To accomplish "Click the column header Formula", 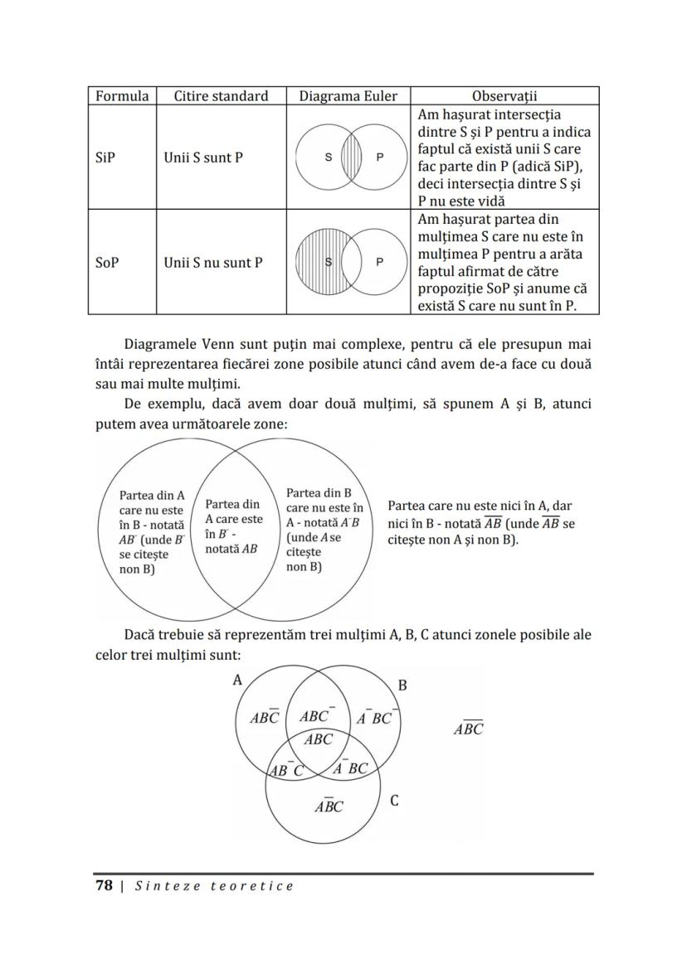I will click(122, 96).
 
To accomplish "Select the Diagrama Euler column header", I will click(348, 96).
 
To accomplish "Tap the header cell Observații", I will click(504, 96).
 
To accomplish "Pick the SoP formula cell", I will click(107, 262).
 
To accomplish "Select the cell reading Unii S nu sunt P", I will click(213, 262).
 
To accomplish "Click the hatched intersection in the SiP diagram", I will click(352, 157).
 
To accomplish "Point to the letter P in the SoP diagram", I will click(380, 262).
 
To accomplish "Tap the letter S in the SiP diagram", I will click(328, 157).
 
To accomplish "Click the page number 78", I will click(103, 885).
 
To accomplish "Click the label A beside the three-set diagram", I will click(237, 680).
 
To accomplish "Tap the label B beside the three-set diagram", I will click(402, 685).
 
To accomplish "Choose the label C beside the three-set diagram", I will click(394, 801).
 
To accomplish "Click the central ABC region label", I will click(318, 739).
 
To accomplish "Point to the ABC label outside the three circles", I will click(468, 729).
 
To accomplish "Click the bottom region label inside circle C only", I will click(329, 806).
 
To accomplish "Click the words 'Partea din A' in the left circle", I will click(152, 496).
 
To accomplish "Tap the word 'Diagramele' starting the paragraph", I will click(164, 342).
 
